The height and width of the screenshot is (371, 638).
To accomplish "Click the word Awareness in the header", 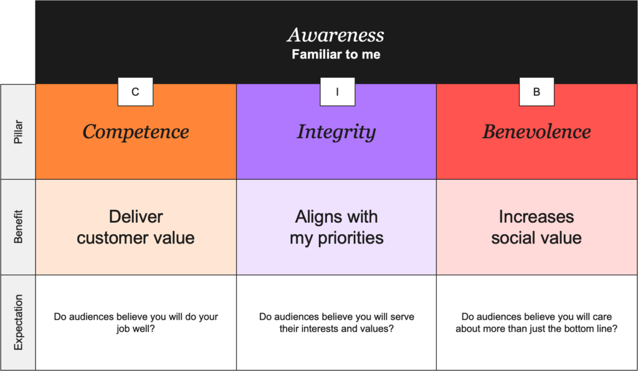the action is pyautogui.click(x=336, y=35).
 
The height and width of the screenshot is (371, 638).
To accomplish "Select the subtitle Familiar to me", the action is pyautogui.click(x=336, y=54).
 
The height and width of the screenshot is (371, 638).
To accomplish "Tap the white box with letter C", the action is pyautogui.click(x=135, y=92).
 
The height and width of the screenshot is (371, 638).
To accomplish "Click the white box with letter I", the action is pyautogui.click(x=337, y=92).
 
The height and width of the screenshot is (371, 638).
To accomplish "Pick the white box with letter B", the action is pyautogui.click(x=536, y=92).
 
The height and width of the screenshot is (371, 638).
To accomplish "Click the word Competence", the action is pyautogui.click(x=136, y=132).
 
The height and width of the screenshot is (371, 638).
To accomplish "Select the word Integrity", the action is pyautogui.click(x=336, y=132).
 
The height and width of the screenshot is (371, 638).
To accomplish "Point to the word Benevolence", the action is pyautogui.click(x=536, y=132).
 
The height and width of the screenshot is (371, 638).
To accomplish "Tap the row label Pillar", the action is pyautogui.click(x=18, y=132).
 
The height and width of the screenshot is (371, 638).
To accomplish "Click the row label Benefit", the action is pyautogui.click(x=18, y=227).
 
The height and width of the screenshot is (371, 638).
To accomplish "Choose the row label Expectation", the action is pyautogui.click(x=18, y=322).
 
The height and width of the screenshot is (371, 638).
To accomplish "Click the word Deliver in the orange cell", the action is pyautogui.click(x=136, y=217).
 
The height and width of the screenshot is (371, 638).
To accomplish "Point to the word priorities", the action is pyautogui.click(x=351, y=238).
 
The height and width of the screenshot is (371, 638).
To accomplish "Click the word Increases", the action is pyautogui.click(x=536, y=217).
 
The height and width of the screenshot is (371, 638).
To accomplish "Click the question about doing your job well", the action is pyautogui.click(x=136, y=322).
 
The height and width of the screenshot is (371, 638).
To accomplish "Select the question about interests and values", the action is pyautogui.click(x=336, y=322).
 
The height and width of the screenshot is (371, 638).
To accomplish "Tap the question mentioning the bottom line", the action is pyautogui.click(x=536, y=322).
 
